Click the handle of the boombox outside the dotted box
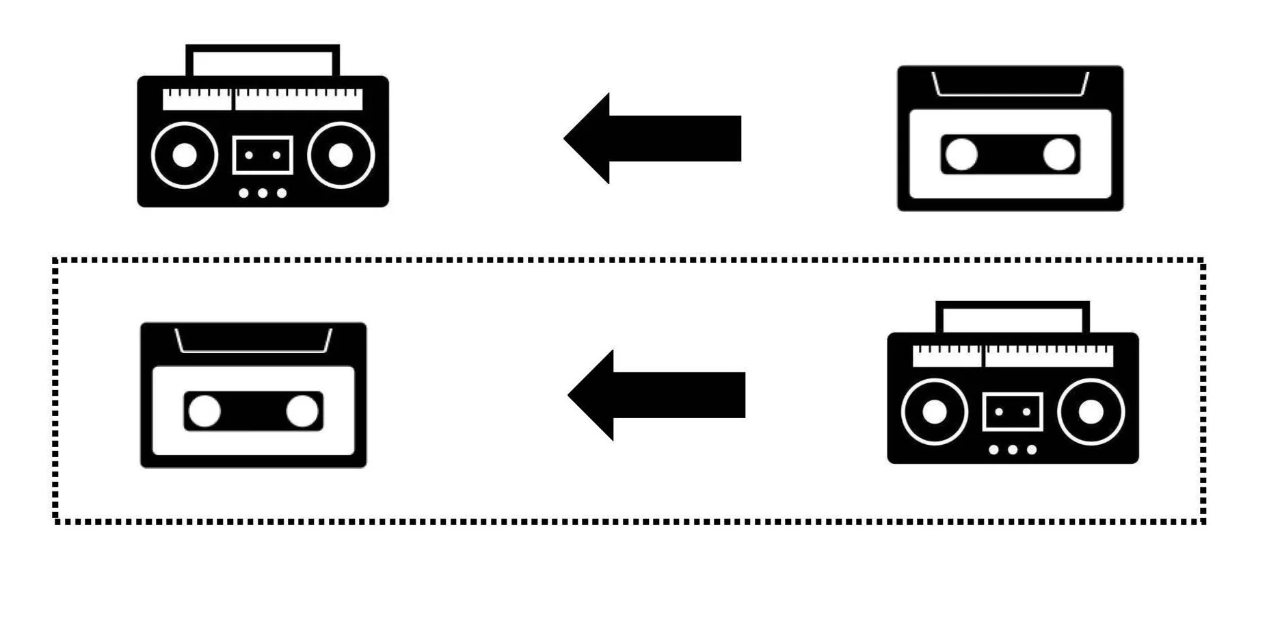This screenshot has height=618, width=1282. [x=263, y=48]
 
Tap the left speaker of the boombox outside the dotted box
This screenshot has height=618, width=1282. [x=185, y=155]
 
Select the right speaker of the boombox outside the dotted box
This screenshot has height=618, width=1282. [x=340, y=155]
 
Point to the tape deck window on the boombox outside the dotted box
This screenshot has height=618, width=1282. [x=263, y=155]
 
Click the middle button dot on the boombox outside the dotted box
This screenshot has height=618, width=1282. [x=263, y=193]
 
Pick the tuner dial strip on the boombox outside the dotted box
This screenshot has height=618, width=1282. [x=263, y=99]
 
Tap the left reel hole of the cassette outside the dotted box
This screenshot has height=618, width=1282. [x=961, y=154]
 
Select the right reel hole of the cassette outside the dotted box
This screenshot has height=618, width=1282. [x=1058, y=154]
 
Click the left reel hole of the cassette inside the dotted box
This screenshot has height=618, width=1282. [x=204, y=411]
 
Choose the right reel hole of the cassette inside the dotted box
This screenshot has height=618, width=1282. [x=302, y=411]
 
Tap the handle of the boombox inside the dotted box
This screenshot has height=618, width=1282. [x=1013, y=305]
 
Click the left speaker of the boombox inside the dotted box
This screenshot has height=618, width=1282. [x=935, y=412]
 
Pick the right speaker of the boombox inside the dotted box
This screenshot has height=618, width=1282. [x=1091, y=412]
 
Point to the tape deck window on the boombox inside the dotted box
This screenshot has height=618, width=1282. [x=1013, y=412]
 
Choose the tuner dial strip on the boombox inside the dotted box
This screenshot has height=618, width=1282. [x=1013, y=356]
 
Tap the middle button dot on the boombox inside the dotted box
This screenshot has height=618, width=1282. [x=1013, y=450]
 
